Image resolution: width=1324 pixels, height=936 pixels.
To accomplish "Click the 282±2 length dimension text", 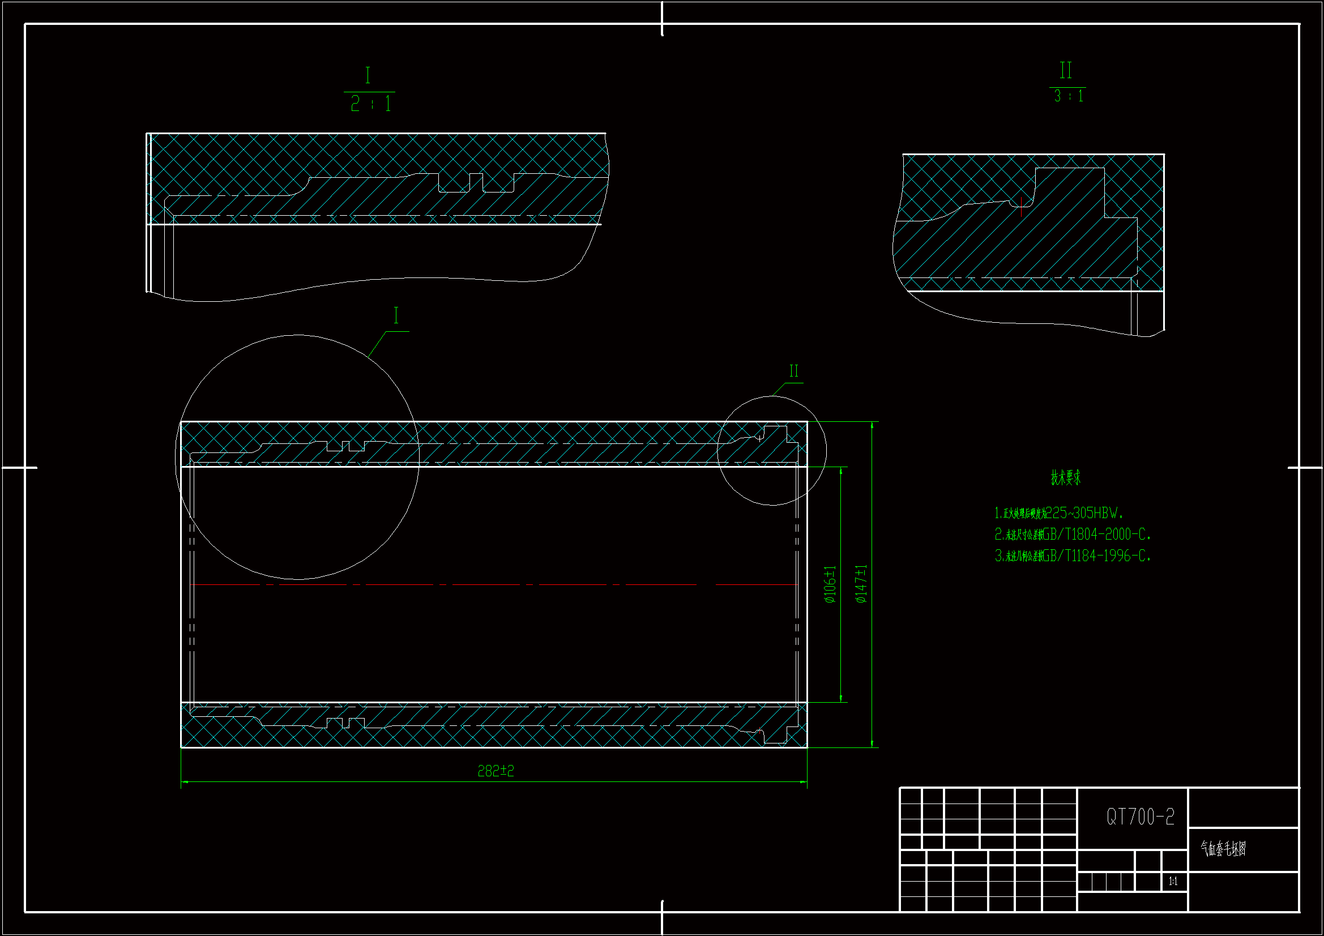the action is (x=496, y=771).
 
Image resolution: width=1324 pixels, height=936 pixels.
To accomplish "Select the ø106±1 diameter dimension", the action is (x=830, y=584).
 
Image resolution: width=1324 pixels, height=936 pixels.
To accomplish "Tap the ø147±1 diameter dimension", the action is (x=861, y=584).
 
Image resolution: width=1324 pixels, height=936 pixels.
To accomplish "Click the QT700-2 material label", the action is (x=1140, y=817).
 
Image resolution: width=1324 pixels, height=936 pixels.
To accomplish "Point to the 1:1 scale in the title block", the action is (x=1173, y=881).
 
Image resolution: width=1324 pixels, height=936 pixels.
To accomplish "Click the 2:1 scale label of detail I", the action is (x=371, y=104).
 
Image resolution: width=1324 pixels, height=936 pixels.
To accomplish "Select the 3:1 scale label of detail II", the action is (x=1069, y=96).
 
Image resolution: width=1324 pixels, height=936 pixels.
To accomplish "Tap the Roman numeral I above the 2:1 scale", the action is (x=368, y=75).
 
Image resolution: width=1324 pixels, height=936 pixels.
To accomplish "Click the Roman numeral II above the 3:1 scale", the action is (x=1066, y=70).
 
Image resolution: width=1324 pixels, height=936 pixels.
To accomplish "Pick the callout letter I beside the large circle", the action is (x=396, y=315).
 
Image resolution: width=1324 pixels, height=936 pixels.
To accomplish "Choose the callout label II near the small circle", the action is (x=794, y=371).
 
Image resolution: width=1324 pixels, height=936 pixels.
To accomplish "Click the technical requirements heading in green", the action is (x=1065, y=477).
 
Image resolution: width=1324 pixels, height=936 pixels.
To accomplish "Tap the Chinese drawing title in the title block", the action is (x=1223, y=848).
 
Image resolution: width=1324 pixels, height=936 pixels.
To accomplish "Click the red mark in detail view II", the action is (x=1021, y=206).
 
